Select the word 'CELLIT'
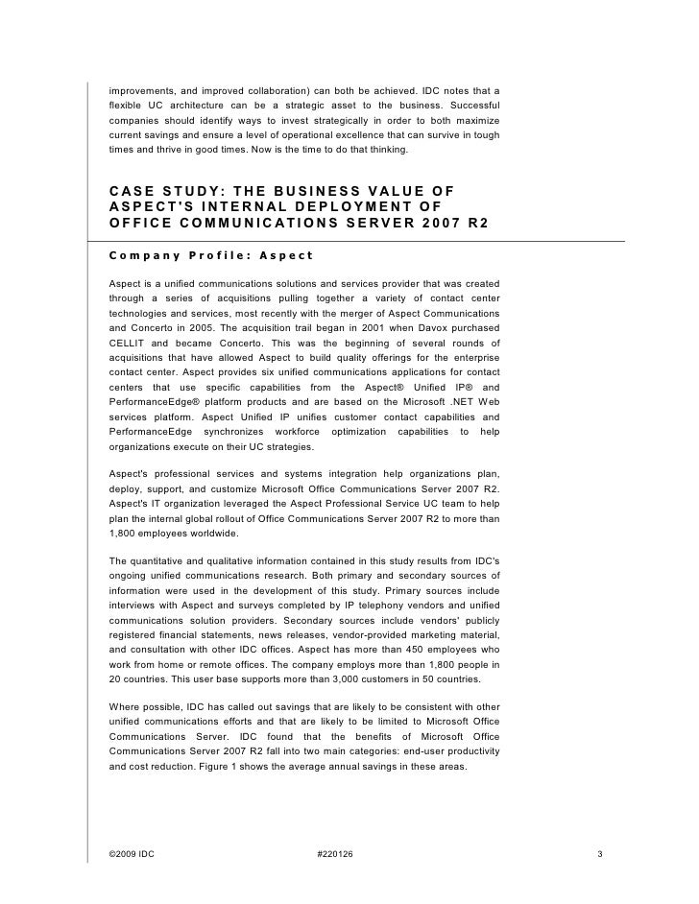tap(128, 343)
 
